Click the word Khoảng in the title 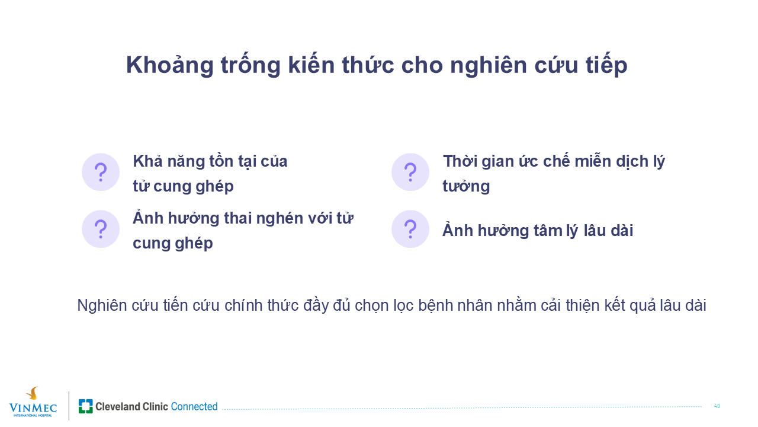[x=170, y=65]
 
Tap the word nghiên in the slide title [x=489, y=65]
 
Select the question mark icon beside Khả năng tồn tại [x=101, y=172]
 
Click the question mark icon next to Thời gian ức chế [x=410, y=172]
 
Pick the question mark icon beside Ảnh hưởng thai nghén [x=101, y=229]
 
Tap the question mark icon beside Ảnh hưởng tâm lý [x=410, y=229]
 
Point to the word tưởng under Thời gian [x=466, y=187]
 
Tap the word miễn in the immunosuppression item [x=593, y=161]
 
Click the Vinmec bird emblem [x=33, y=393]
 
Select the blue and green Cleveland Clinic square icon [x=85, y=406]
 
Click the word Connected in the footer [x=194, y=406]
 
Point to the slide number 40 [x=717, y=406]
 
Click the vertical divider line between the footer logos [x=69, y=406]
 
